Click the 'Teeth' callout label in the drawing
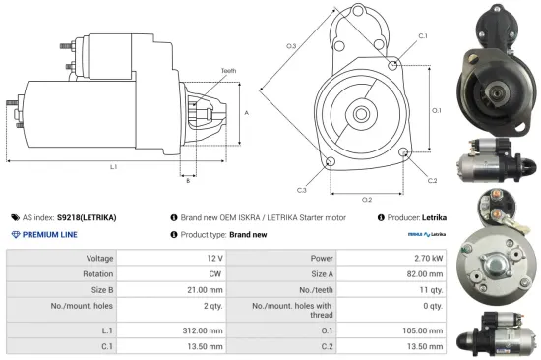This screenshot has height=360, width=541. (228, 71)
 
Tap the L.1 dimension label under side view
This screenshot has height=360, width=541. (114, 167)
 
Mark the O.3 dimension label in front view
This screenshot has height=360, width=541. (291, 46)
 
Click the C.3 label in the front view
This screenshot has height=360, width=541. (301, 189)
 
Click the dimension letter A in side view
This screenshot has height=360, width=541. (246, 113)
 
